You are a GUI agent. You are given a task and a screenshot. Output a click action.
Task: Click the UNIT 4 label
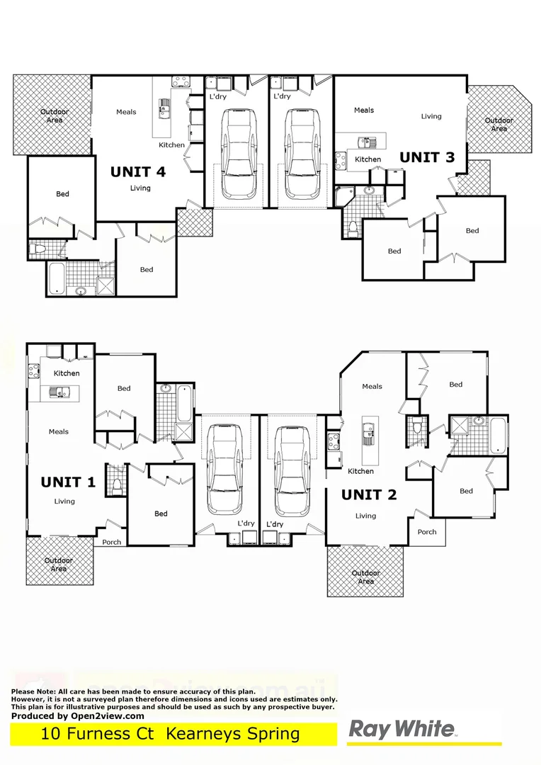click(138, 171)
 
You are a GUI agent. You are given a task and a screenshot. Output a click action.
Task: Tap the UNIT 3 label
click(427, 157)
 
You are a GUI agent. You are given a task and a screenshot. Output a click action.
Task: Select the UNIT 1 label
click(68, 482)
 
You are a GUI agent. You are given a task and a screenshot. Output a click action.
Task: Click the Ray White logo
click(402, 730)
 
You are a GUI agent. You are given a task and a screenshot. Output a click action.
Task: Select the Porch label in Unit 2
click(426, 532)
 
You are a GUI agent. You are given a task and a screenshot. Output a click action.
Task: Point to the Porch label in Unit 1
click(112, 543)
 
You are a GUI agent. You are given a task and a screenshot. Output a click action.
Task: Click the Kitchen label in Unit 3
click(368, 159)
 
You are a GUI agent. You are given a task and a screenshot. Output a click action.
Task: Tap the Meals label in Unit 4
click(126, 112)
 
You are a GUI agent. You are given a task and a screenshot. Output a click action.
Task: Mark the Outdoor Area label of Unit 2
click(365, 577)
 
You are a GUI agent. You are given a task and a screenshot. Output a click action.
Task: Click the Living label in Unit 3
click(431, 116)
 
